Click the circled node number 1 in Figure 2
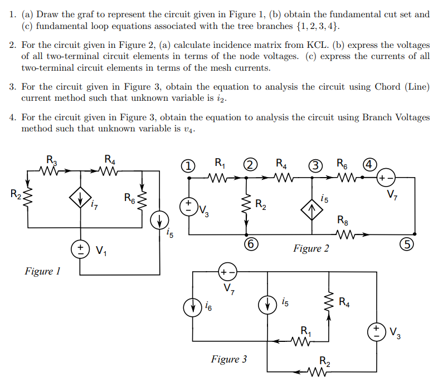click(x=189, y=165)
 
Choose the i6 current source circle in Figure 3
click(x=192, y=306)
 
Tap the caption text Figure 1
click(x=42, y=272)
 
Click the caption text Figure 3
click(x=228, y=359)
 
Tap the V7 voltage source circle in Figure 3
click(x=228, y=272)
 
